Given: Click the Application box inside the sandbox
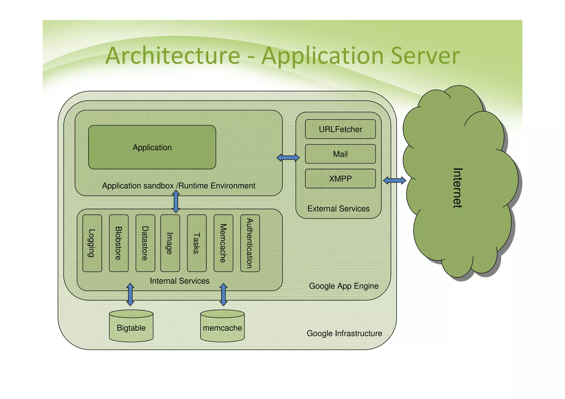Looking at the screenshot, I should (x=152, y=147).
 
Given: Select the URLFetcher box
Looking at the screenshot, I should (x=340, y=129).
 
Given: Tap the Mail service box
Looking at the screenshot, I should (x=340, y=154).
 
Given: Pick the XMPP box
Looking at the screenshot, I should (x=340, y=179).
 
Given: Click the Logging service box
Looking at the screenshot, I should (x=92, y=243).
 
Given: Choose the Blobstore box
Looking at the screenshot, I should (x=119, y=243).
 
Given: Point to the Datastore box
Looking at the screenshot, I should (x=145, y=243).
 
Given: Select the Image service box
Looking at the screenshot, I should (x=170, y=243).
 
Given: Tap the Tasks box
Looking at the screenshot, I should (x=197, y=243).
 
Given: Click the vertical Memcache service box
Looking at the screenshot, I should (x=223, y=243).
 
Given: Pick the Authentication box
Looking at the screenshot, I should (x=250, y=243).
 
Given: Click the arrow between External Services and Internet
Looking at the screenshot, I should (x=395, y=181).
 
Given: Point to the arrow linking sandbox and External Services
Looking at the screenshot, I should (x=288, y=158).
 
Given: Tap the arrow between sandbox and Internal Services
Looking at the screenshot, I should (x=176, y=202).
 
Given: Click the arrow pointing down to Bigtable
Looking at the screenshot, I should (x=130, y=294).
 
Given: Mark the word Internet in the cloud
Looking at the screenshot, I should (x=458, y=188).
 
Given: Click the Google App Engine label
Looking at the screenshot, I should (x=343, y=286).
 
